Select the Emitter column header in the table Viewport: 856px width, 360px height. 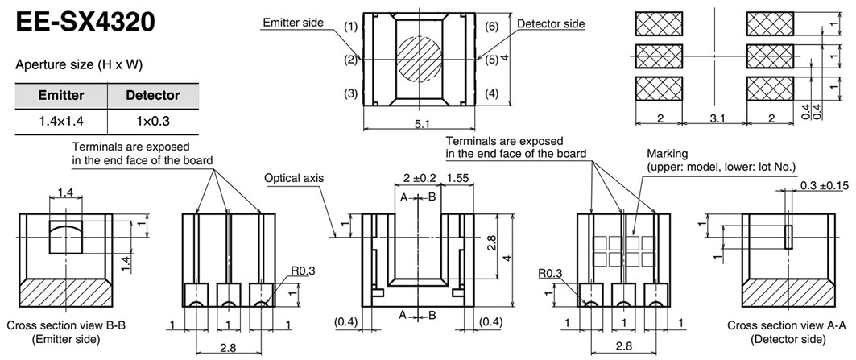click(x=62, y=96)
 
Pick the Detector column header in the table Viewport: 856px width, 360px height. click(x=152, y=96)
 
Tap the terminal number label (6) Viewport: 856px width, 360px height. click(x=492, y=26)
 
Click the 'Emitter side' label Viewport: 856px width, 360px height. click(x=292, y=23)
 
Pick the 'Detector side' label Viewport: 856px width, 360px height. click(x=551, y=23)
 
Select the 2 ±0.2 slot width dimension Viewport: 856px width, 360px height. click(x=419, y=176)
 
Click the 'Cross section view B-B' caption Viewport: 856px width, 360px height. click(x=59, y=326)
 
